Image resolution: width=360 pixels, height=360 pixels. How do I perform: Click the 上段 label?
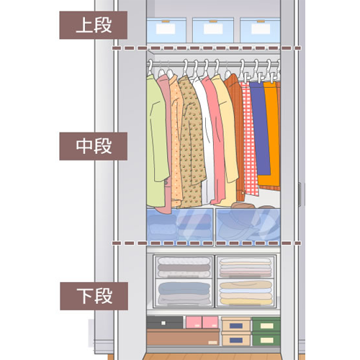click(x=94, y=25)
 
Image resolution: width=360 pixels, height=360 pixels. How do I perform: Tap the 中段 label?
click(x=94, y=146)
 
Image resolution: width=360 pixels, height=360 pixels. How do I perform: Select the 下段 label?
click(x=94, y=296)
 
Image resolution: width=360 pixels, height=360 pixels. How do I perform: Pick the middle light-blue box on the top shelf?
click(x=213, y=30)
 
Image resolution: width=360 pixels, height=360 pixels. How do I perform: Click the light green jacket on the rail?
click(x=156, y=142)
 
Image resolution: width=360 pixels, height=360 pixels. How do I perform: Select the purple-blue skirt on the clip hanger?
click(x=260, y=128)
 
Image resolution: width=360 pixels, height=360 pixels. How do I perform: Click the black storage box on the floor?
click(x=165, y=323)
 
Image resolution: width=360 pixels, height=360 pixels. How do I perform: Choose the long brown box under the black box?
click(x=183, y=337)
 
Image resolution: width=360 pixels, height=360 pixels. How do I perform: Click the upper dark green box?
click(x=266, y=325)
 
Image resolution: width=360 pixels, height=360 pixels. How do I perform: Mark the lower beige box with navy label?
click(x=236, y=339)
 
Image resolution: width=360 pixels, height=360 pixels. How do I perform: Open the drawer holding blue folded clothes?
click(x=184, y=293)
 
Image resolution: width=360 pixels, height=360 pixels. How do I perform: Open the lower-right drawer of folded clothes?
click(x=246, y=293)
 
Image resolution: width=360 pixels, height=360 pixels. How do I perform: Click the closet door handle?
click(x=300, y=194)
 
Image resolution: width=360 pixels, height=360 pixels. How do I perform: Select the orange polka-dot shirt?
click(x=176, y=142)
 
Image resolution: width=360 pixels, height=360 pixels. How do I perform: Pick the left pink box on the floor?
click(x=194, y=322)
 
